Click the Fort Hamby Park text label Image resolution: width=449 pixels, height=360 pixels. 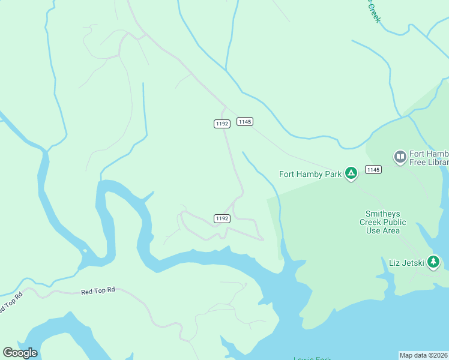point(310,175)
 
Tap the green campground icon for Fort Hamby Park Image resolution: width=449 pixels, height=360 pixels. point(351,174)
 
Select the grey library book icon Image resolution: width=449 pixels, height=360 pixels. point(400,157)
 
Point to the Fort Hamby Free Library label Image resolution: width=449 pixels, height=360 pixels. point(429,158)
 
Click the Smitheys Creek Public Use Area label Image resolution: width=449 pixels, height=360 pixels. point(383,222)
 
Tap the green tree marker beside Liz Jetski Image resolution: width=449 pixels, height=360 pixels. point(433,262)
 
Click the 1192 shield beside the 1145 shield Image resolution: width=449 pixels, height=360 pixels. point(222,124)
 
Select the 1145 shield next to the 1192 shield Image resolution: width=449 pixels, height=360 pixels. point(244,121)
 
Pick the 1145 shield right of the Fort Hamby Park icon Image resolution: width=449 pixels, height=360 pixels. point(373,170)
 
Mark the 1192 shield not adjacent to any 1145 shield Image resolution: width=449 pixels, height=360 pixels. point(222,218)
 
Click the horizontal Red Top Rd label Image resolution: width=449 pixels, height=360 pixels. point(98,291)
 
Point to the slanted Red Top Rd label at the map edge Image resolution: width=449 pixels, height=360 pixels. point(10,304)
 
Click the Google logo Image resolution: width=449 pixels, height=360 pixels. point(20,352)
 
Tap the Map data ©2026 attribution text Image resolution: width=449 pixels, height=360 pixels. point(423,355)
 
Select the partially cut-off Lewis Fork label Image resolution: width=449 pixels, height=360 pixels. point(312,358)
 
